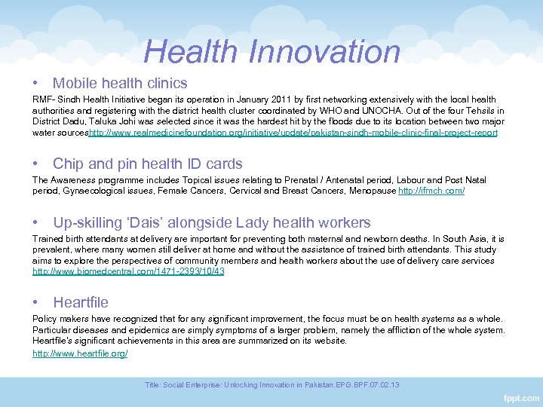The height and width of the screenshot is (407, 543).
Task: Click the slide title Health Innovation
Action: [x=271, y=51]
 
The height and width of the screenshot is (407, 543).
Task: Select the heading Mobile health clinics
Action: [x=120, y=83]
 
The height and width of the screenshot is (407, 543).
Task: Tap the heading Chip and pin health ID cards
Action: [x=148, y=164]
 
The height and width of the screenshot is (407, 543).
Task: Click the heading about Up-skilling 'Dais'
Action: [x=212, y=222]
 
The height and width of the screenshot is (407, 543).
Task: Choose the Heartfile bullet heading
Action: [x=81, y=302]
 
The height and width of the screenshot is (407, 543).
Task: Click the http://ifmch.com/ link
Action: [x=431, y=191]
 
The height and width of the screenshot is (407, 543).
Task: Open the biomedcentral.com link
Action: [x=128, y=271]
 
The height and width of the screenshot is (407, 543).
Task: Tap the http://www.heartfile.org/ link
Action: [x=80, y=352]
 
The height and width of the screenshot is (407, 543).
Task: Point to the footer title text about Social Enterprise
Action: [x=271, y=384]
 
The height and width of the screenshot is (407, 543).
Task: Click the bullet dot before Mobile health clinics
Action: [x=36, y=83]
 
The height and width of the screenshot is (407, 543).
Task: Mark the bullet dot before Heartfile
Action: [x=36, y=302]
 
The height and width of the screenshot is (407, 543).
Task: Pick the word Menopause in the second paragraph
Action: [x=371, y=191]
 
